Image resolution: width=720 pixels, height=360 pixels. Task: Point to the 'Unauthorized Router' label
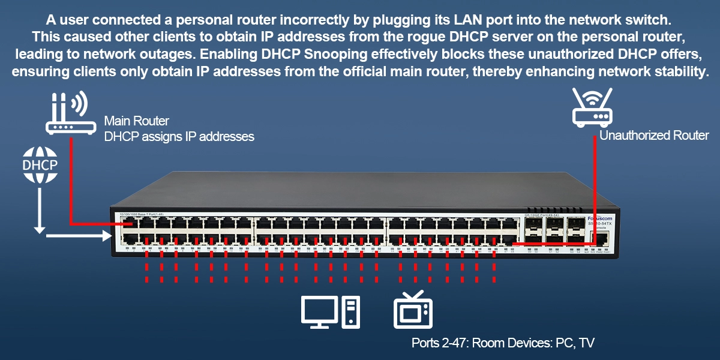pyautogui.click(x=654, y=136)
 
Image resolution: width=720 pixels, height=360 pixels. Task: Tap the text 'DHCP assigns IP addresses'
pyautogui.click(x=179, y=137)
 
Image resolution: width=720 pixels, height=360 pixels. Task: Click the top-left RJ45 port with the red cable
pyautogui.click(x=128, y=225)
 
